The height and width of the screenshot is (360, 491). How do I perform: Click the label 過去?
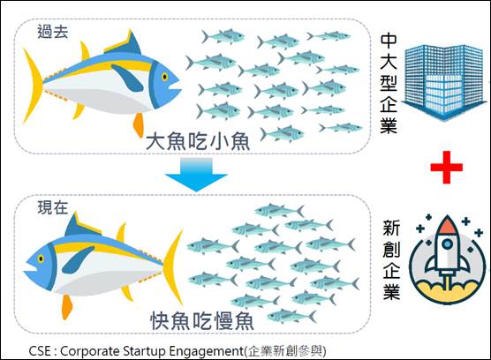53,32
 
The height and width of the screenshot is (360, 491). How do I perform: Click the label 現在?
53,207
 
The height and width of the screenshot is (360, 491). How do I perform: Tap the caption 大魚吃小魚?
198,141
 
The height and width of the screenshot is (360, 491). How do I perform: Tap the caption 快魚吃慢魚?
202,320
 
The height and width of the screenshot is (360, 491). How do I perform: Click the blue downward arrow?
196,174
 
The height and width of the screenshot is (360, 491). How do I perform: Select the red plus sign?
446,168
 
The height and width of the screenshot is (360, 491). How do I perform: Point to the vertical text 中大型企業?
389,84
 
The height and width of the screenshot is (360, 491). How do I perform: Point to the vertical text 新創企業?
391,259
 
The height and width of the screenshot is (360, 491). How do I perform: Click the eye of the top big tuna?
164,77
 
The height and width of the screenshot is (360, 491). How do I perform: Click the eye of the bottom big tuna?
41,259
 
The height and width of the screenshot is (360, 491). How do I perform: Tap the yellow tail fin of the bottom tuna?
174,266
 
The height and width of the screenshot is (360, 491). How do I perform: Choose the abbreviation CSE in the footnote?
40,351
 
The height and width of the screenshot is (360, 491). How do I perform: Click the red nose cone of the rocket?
448,225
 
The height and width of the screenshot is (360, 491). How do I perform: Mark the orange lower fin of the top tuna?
139,124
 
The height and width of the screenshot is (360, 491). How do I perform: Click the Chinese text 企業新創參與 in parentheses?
285,351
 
